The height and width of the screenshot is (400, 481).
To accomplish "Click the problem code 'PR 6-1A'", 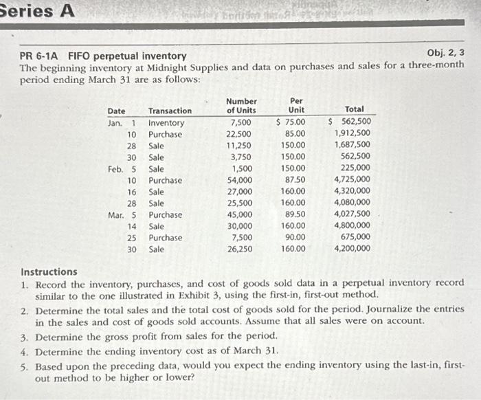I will point(41,56).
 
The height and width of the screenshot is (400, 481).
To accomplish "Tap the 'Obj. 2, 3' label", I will point(445,53).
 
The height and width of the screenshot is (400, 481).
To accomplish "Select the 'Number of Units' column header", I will point(241,106).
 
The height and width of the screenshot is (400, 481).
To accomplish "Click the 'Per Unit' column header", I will point(297,106).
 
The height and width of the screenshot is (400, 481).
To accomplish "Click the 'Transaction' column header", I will point(170,111).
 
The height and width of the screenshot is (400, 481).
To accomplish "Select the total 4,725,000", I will point(352,180).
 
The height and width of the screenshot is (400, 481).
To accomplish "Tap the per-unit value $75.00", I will point(291,122).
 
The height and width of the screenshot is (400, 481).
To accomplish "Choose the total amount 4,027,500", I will point(352,214).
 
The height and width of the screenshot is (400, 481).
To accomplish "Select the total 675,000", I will point(356,237).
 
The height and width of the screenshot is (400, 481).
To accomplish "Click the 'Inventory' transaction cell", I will point(166,122).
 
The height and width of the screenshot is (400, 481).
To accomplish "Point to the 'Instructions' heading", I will point(49,271).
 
